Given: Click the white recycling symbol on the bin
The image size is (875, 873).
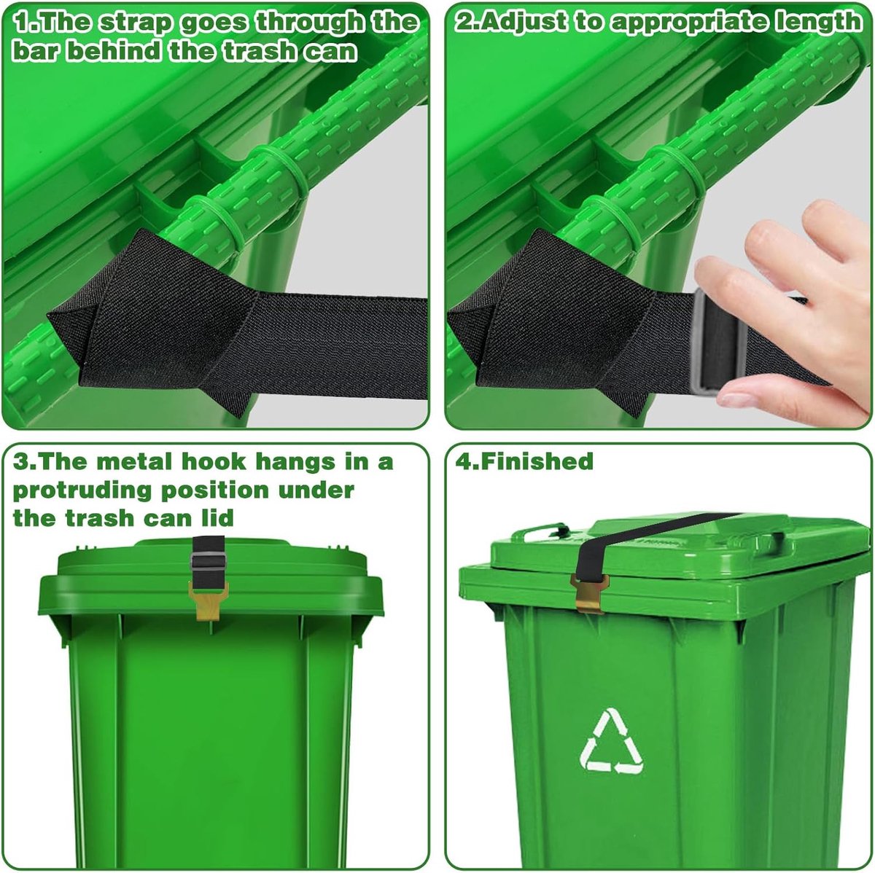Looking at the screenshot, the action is [x=611, y=741].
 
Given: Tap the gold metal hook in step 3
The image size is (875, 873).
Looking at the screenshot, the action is [x=209, y=600].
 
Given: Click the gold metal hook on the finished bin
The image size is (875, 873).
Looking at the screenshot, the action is [x=589, y=593].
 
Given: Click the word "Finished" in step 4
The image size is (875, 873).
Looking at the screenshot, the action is [x=537, y=461].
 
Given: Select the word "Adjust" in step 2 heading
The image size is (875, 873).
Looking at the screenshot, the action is [x=523, y=21].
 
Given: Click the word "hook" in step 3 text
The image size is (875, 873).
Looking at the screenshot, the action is [x=214, y=461].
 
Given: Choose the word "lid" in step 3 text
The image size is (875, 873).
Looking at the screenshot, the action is [x=219, y=518].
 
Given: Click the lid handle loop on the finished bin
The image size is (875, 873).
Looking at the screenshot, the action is [x=540, y=530].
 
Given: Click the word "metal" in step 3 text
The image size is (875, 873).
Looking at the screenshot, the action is [x=134, y=461].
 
